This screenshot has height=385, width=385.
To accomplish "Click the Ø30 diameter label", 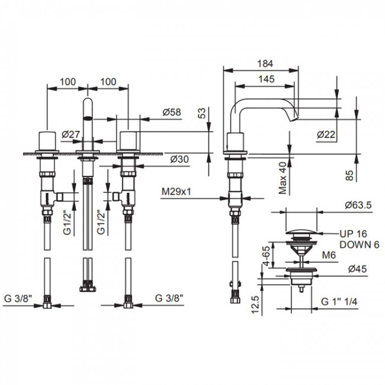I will (x=178, y=159).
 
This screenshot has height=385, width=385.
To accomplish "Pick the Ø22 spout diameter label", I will (x=325, y=135).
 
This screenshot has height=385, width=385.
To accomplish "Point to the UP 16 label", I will (x=352, y=233).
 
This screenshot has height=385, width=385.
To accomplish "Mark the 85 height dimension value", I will (x=349, y=175).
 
